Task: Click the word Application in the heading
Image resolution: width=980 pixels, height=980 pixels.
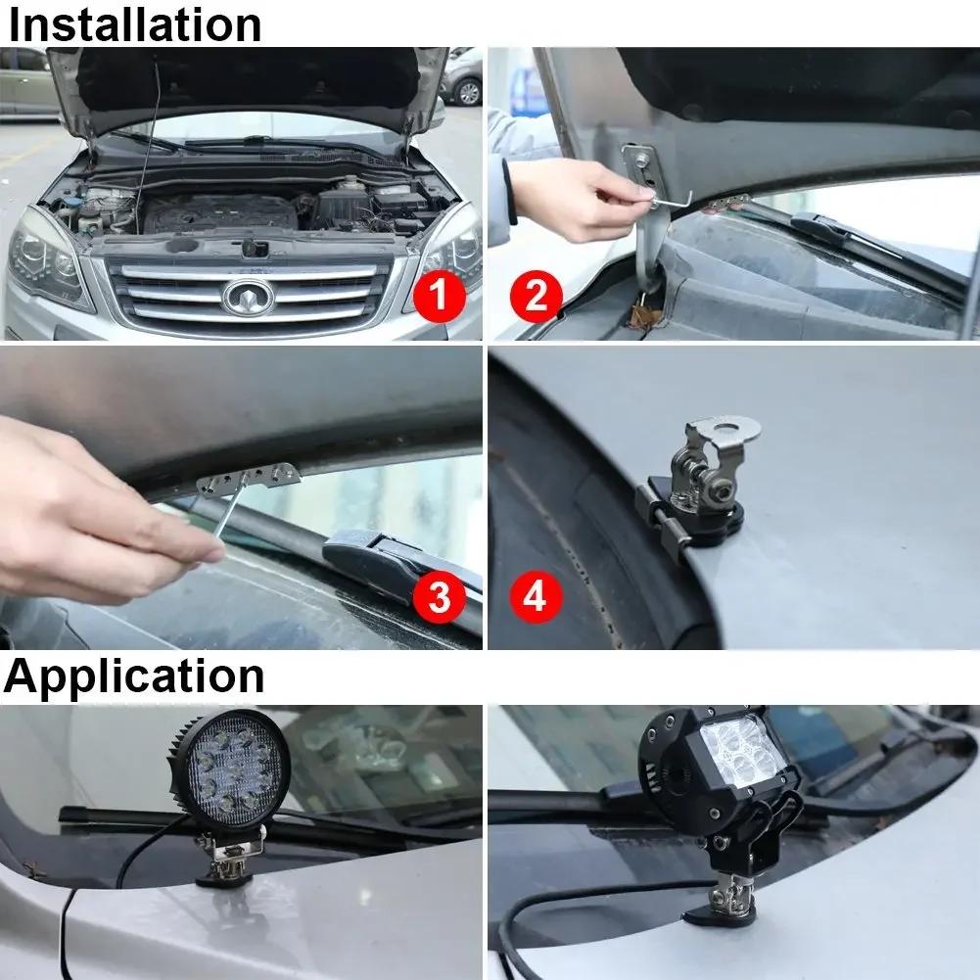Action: tap(134, 677)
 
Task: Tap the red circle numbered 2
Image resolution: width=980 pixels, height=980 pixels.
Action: tap(537, 296)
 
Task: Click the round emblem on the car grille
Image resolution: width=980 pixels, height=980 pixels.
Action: tap(248, 298)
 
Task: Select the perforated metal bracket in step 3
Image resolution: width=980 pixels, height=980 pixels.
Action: tap(249, 478)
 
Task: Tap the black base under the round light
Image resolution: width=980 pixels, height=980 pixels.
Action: tap(224, 879)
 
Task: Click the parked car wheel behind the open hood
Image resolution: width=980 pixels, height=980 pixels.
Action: tap(468, 92)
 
